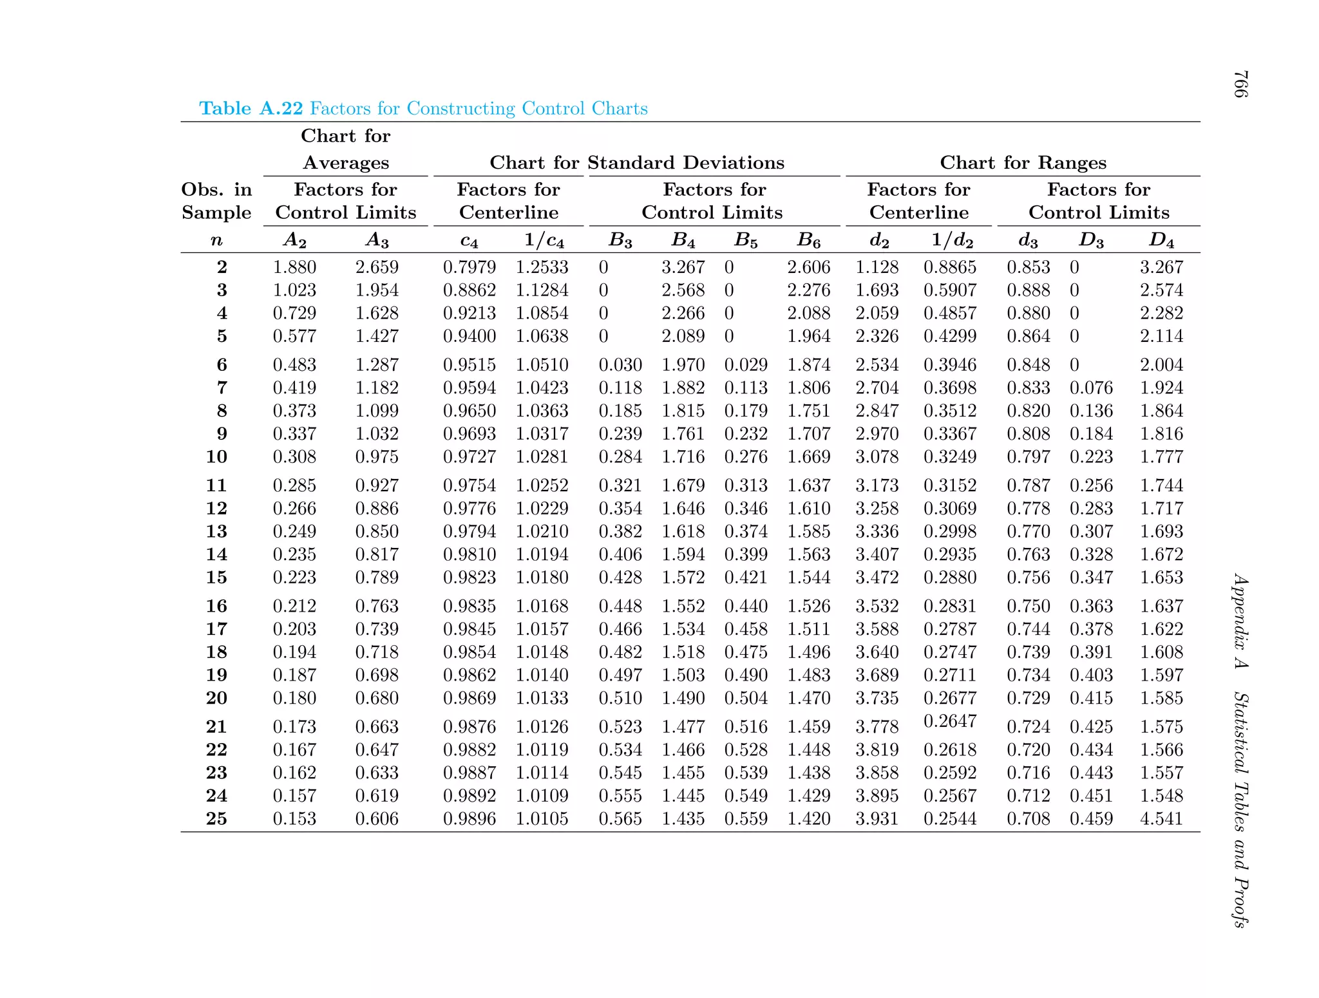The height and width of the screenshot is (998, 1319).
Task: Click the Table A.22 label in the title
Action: (x=251, y=108)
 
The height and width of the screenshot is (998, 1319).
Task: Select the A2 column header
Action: (x=295, y=240)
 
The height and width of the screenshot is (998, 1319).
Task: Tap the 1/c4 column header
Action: (x=544, y=240)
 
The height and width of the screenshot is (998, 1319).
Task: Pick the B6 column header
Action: (x=809, y=240)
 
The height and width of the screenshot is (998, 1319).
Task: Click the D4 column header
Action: (x=1161, y=240)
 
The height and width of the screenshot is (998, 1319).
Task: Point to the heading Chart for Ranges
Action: (x=1023, y=162)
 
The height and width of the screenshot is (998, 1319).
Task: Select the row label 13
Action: (x=216, y=531)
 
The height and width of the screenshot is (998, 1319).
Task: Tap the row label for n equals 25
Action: (x=216, y=818)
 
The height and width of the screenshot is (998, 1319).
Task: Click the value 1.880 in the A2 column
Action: (x=294, y=267)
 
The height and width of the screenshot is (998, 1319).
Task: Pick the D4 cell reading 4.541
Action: (x=1161, y=818)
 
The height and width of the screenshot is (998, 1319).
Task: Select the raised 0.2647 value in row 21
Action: (x=950, y=720)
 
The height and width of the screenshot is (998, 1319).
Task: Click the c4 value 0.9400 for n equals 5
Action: (x=469, y=335)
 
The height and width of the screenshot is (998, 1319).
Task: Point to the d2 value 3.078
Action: (x=877, y=457)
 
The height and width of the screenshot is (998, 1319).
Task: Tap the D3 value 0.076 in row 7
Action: (x=1091, y=388)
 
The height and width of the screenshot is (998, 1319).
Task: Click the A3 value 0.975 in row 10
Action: (x=377, y=457)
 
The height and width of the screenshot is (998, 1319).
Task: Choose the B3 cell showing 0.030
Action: (x=620, y=364)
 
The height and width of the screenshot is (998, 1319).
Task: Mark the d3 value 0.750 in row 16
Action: (x=1028, y=606)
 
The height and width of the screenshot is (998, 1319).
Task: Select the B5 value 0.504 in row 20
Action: (x=746, y=698)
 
